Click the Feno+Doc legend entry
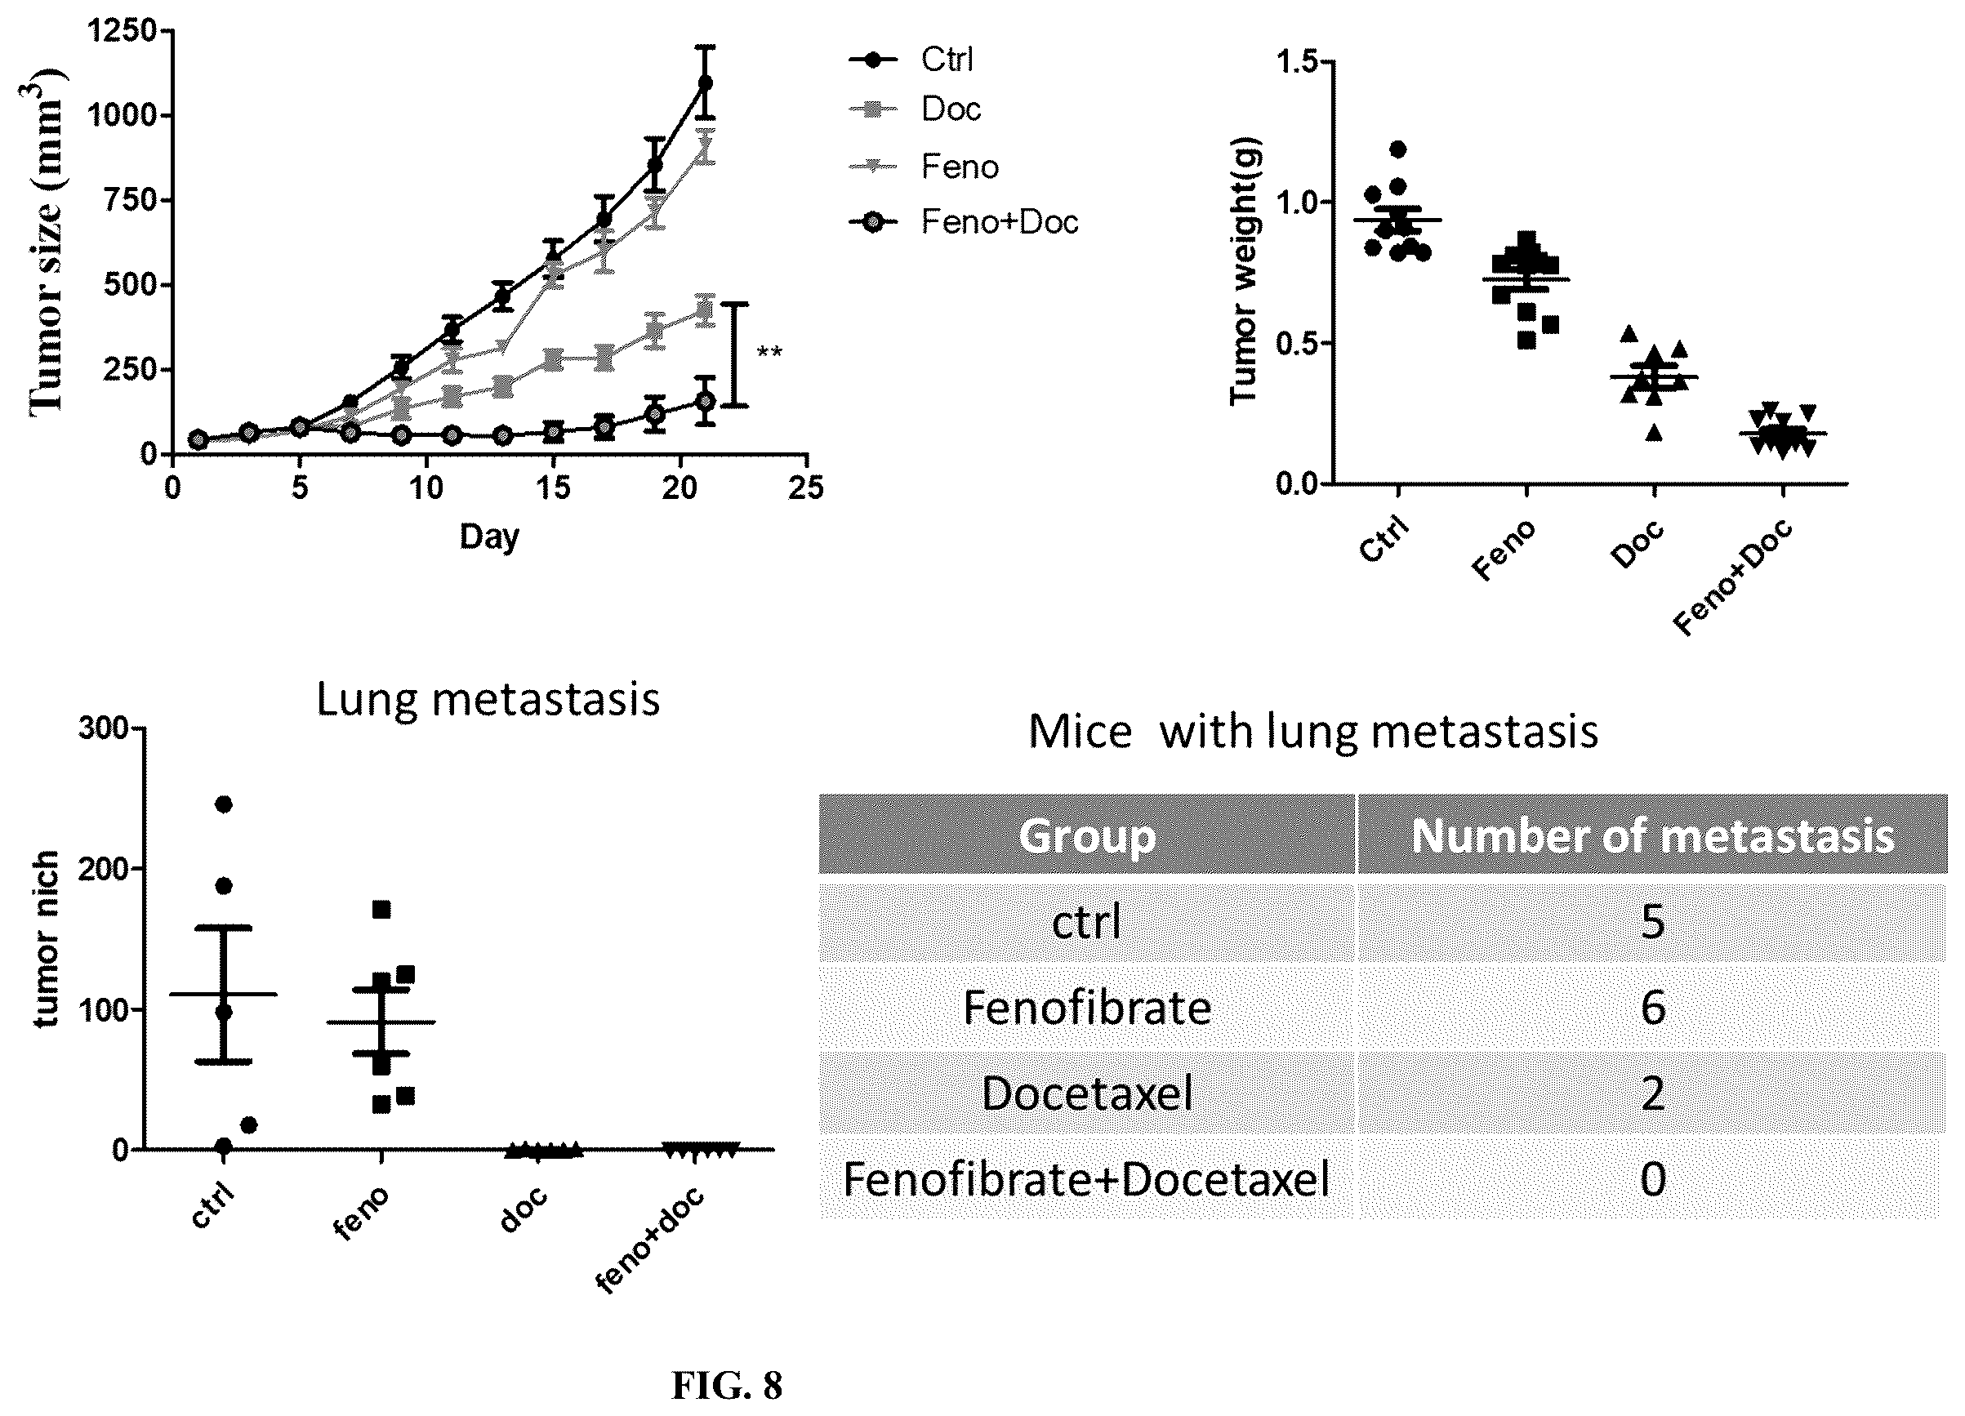point(964,223)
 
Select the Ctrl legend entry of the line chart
point(911,60)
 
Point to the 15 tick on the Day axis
point(553,488)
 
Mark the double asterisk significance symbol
point(769,353)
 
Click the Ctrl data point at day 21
point(706,83)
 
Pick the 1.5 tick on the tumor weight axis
point(1297,62)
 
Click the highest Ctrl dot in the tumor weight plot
point(1397,149)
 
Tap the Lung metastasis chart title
point(488,700)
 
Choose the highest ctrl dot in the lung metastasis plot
point(224,804)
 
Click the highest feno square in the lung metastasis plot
point(381,910)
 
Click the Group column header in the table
point(1086,835)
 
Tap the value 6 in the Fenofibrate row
point(1653,1008)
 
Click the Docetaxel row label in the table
point(1086,1093)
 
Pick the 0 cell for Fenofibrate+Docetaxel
point(1653,1179)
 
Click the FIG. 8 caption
point(727,1386)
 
